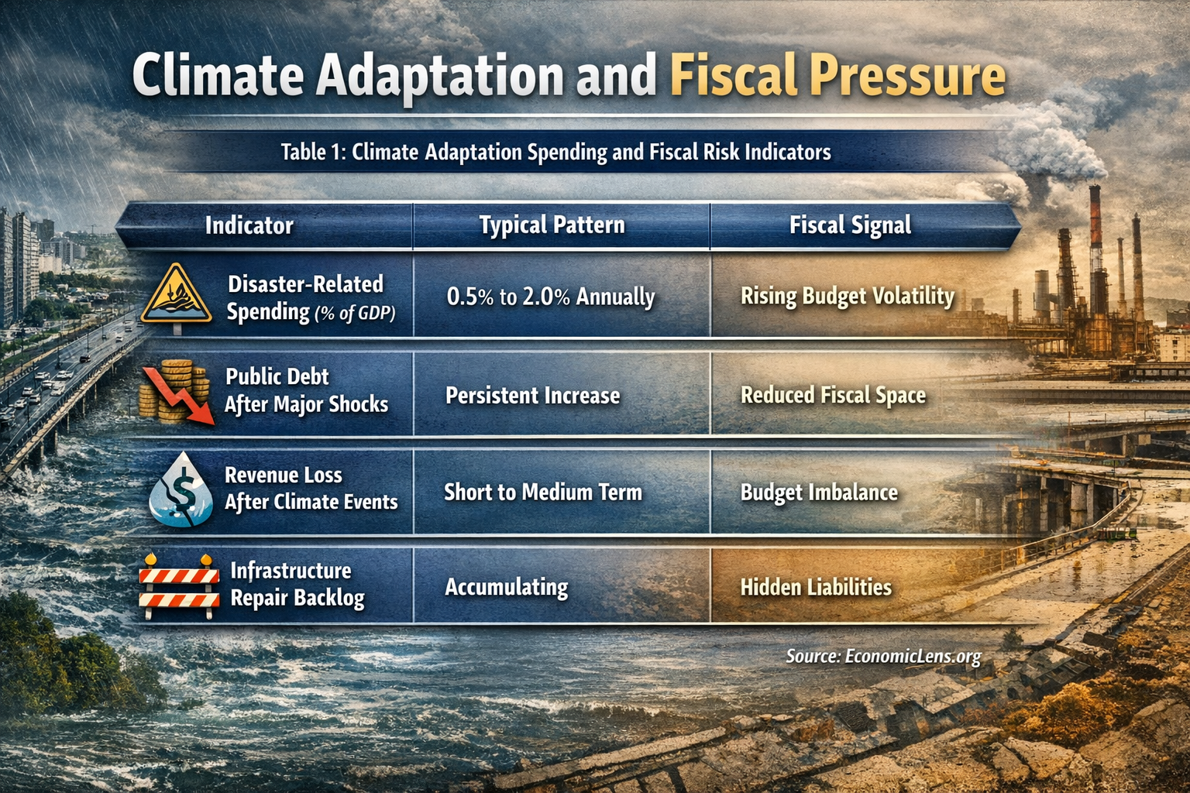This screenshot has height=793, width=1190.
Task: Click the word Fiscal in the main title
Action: click(x=733, y=76)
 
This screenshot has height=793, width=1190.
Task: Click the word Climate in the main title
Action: click(x=218, y=76)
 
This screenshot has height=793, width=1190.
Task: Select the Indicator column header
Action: click(x=249, y=225)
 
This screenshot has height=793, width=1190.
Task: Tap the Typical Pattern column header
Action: click(x=552, y=225)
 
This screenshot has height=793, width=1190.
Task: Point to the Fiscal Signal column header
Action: click(x=850, y=225)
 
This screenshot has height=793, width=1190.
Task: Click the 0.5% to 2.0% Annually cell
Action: click(x=550, y=297)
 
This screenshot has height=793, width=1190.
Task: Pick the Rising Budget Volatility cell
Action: click(x=847, y=297)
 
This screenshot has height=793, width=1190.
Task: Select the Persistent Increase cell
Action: click(x=532, y=396)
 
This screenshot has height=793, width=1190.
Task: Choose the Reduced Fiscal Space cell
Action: click(x=833, y=396)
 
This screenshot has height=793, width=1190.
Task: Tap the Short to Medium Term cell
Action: click(x=542, y=493)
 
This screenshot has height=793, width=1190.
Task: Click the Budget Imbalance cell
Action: click(x=819, y=493)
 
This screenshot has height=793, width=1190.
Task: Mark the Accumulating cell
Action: click(x=506, y=587)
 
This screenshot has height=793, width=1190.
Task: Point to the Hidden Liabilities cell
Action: click(x=816, y=587)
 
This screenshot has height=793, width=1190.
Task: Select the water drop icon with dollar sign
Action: click(x=181, y=490)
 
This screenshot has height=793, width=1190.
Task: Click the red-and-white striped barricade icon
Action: click(x=179, y=587)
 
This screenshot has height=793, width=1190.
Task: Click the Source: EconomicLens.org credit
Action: click(x=883, y=657)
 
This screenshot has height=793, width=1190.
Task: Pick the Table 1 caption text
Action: click(x=555, y=152)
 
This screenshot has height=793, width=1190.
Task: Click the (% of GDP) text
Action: click(x=355, y=314)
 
